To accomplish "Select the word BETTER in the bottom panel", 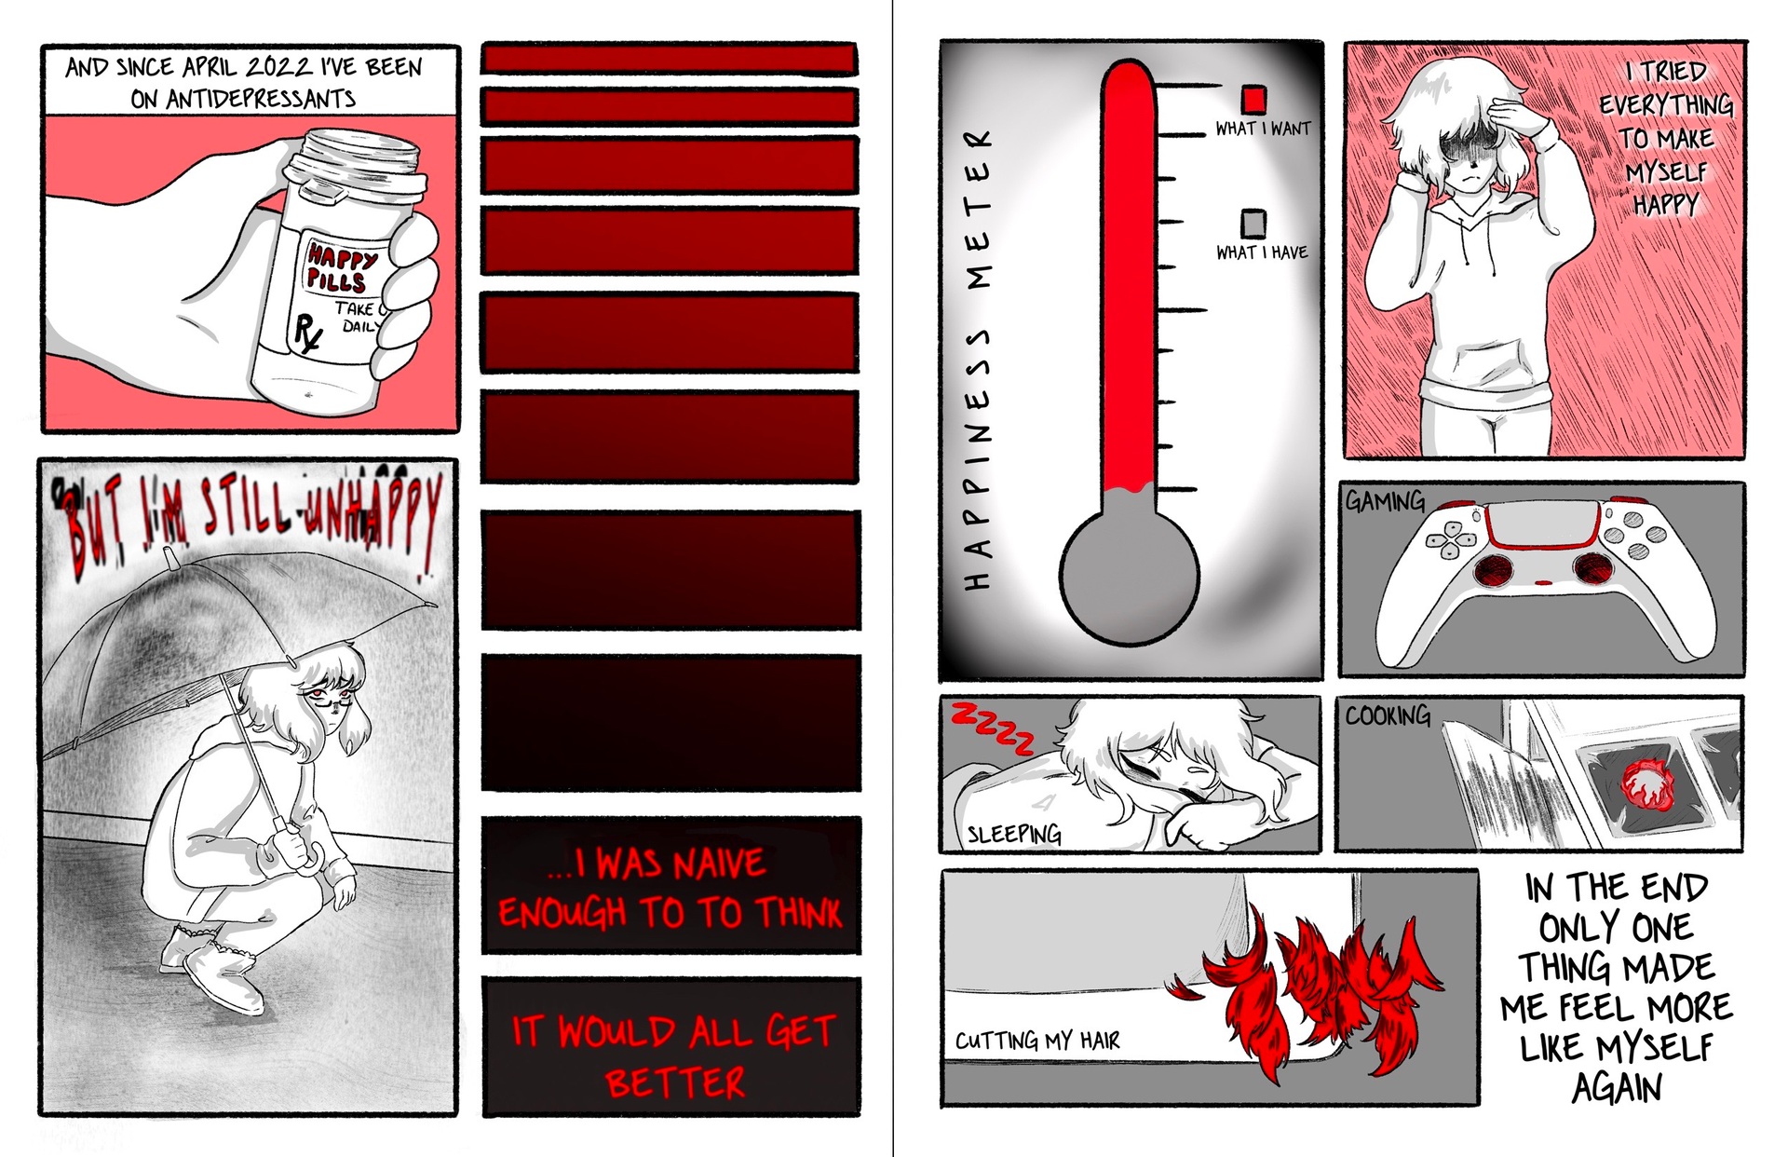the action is click(674, 1082).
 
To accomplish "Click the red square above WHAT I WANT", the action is click(1253, 99).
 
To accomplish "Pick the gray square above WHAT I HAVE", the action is click(1253, 223).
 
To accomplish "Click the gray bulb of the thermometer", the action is click(1129, 573).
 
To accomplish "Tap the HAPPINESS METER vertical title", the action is click(976, 360).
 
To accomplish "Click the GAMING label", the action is click(1385, 502).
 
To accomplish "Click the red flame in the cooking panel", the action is click(1646, 783).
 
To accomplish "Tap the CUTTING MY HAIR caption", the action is click(1037, 1040).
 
